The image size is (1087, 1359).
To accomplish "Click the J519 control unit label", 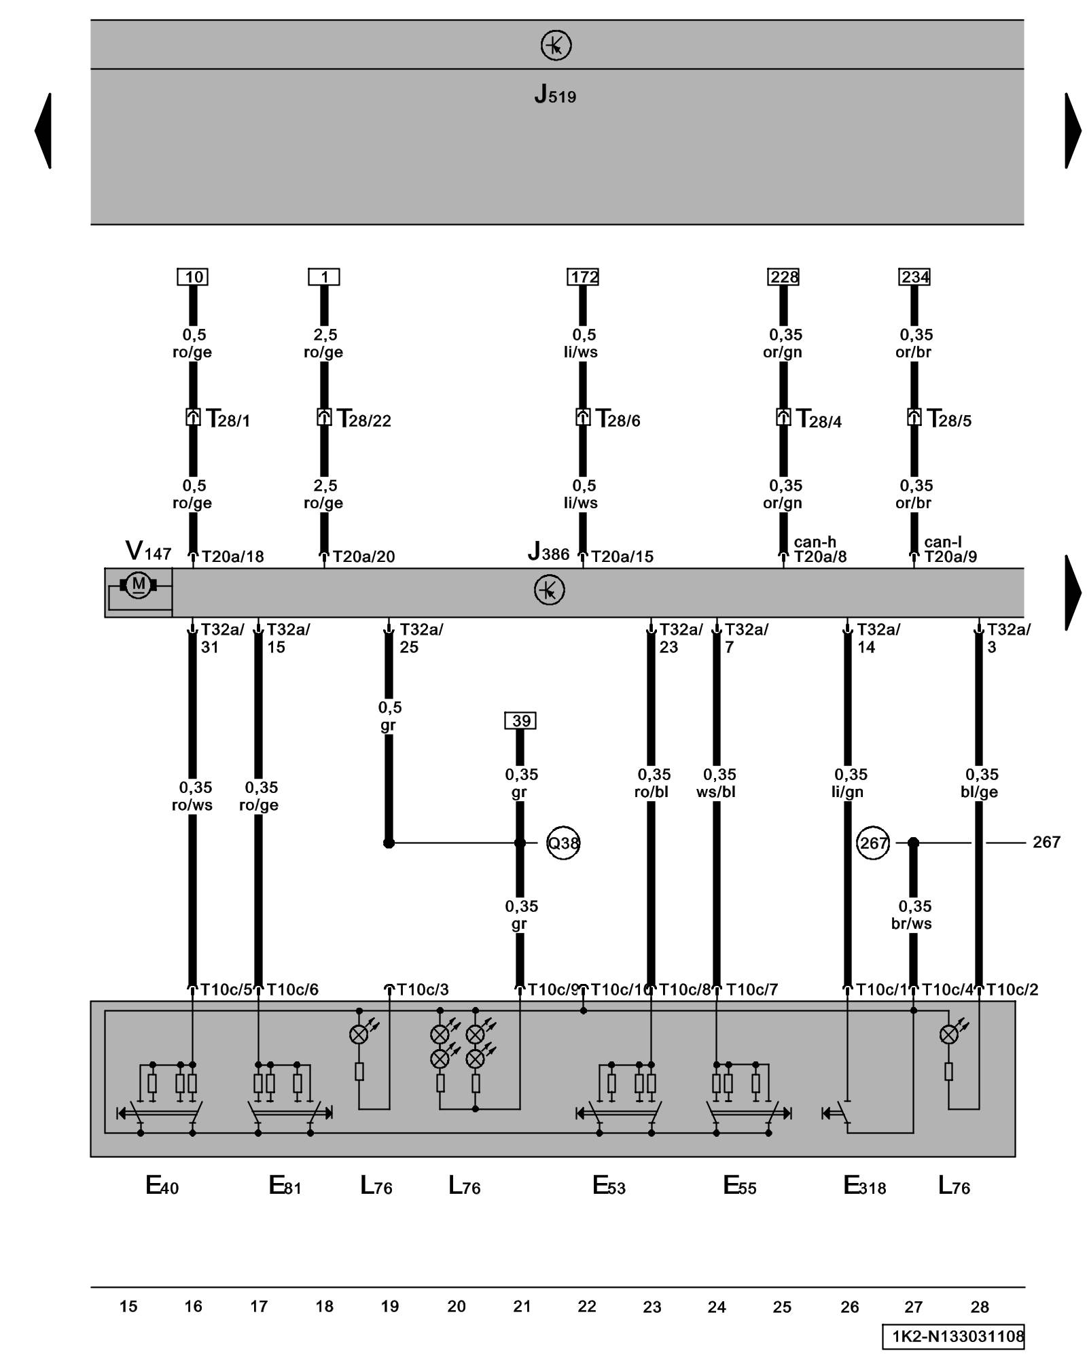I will (555, 94).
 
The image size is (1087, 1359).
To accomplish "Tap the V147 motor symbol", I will (139, 584).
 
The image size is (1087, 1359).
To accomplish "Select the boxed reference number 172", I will (583, 277).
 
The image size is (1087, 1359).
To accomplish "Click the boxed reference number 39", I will (520, 720).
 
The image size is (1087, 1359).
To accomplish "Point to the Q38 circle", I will (563, 843).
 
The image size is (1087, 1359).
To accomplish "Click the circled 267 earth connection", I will (873, 843).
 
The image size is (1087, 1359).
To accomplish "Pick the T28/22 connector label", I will (363, 419).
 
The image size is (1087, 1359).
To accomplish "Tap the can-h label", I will (815, 542).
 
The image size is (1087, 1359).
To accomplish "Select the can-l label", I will (943, 542).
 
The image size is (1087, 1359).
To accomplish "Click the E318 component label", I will (864, 1186).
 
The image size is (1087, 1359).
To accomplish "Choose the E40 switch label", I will (162, 1186).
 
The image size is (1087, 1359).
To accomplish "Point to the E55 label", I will (739, 1186).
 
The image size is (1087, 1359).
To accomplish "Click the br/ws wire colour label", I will (912, 923).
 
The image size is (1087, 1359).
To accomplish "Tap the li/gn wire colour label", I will (847, 792).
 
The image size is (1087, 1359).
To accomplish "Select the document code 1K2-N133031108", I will (954, 1337).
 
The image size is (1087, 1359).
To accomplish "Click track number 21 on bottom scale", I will (522, 1306).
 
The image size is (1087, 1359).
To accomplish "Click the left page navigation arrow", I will (43, 130).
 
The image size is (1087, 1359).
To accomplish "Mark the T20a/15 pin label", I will (622, 557).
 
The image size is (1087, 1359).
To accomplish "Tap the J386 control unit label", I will (548, 552).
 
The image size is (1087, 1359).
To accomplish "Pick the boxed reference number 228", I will (783, 277).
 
